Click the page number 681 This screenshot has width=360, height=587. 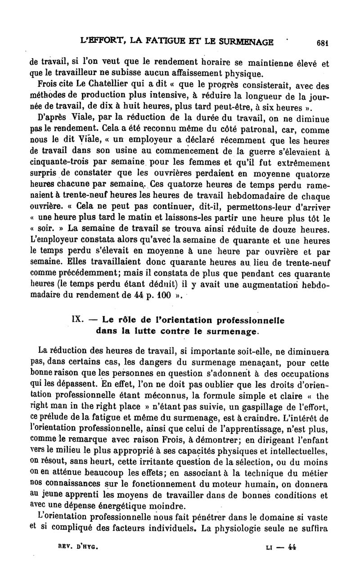click(321, 43)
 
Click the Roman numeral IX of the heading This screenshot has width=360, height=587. click(76, 320)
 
